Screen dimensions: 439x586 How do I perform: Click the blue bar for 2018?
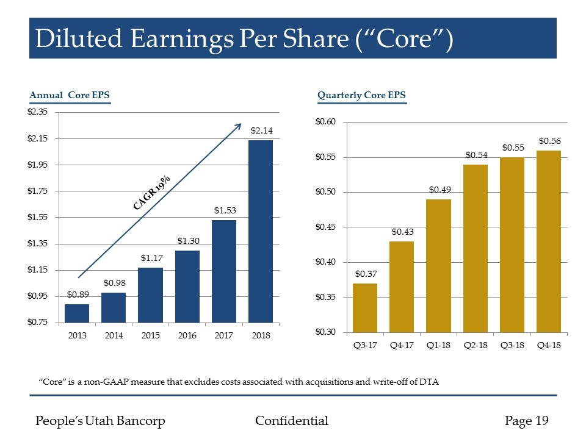click(x=261, y=231)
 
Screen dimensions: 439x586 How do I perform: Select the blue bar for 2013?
click(x=77, y=313)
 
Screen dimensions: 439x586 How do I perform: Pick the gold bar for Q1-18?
click(x=438, y=265)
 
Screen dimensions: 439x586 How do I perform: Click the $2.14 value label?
click(x=261, y=130)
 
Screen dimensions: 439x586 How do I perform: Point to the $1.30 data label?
click(x=188, y=241)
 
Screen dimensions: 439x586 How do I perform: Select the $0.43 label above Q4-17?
click(x=402, y=232)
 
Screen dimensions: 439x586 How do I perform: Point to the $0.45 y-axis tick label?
click(x=325, y=227)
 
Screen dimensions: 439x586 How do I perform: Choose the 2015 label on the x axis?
click(x=150, y=335)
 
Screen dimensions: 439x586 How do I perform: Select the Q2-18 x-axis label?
click(x=475, y=346)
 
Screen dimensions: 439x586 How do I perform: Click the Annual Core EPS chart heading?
click(x=70, y=95)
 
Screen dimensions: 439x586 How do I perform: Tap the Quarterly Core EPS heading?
click(x=361, y=95)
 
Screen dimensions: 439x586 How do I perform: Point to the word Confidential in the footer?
click(x=291, y=421)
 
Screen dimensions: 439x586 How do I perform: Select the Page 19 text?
click(x=527, y=421)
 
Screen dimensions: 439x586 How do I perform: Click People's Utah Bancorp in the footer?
click(x=101, y=421)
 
